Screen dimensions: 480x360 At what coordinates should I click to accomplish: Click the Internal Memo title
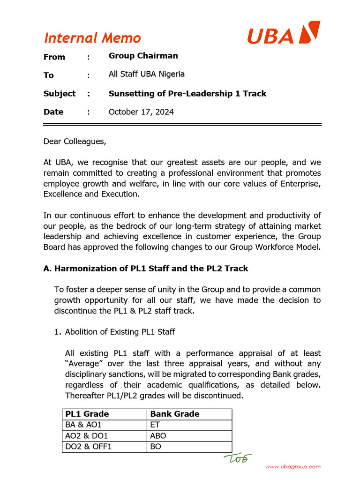92,38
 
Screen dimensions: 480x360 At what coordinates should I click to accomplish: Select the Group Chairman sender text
143,56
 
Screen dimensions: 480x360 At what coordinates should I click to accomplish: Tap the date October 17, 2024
141,112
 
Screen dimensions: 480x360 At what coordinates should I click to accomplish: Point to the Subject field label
59,93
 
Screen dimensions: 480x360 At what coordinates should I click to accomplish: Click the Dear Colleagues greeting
75,141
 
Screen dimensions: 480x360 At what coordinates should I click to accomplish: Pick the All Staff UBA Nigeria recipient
146,74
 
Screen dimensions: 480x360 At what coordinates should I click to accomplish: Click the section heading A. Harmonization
145,268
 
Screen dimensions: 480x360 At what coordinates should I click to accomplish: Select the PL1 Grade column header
87,414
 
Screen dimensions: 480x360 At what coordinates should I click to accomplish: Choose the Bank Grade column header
174,414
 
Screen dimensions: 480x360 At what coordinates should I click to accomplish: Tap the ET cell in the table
155,425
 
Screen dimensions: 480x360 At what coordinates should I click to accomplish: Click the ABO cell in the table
158,435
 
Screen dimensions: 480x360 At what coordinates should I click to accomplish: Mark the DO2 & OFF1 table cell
89,446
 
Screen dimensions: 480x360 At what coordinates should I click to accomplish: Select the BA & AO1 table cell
83,425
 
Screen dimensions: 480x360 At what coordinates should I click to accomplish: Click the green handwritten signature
238,458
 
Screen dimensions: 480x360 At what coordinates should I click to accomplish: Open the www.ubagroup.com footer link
293,466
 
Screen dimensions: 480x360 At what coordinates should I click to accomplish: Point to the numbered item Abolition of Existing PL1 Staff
120,332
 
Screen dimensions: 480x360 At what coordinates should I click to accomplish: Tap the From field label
54,57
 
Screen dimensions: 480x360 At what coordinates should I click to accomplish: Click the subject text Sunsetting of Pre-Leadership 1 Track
187,93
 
